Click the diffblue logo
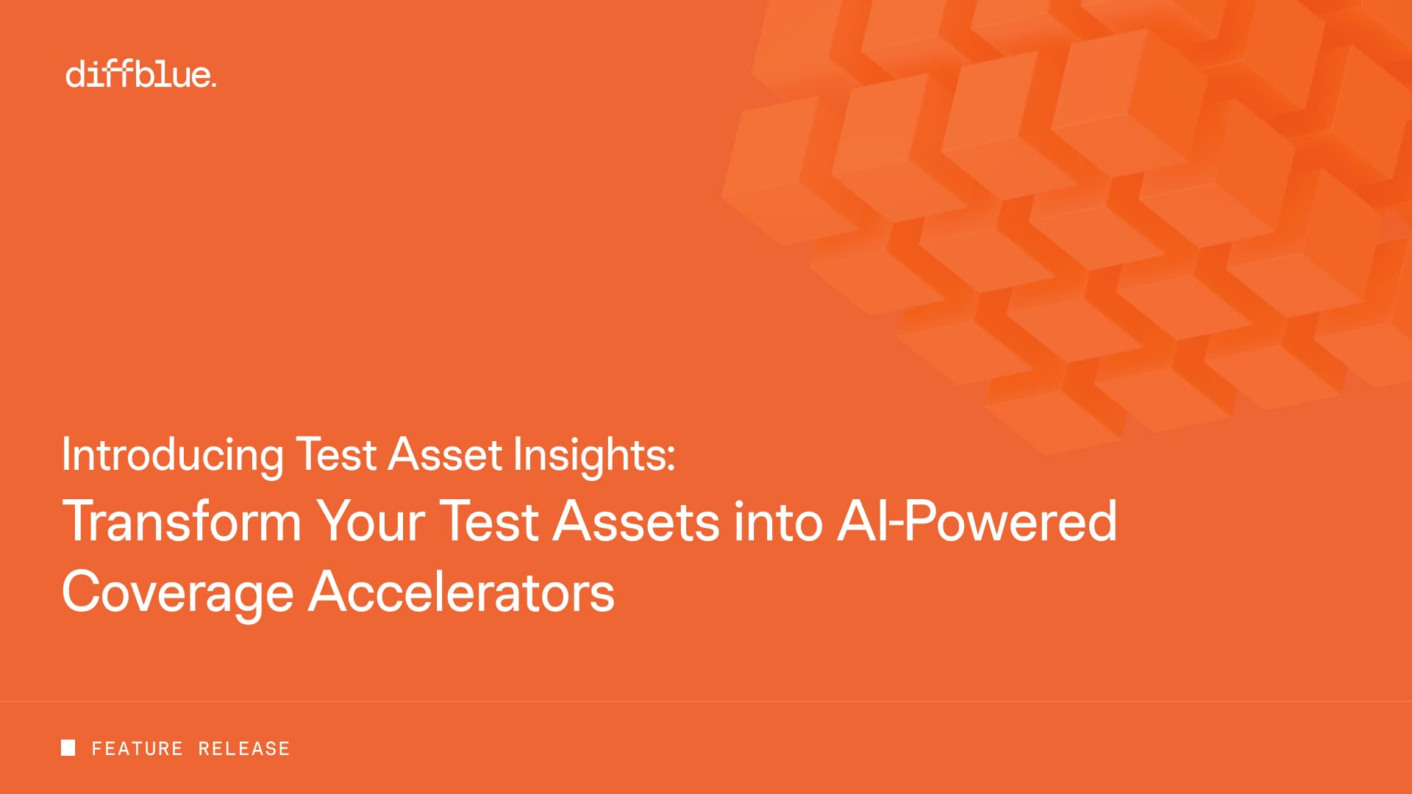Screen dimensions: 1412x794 [x=141, y=74]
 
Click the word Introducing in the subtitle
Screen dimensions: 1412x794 [x=172, y=455]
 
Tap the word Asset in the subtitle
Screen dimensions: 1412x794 [x=445, y=454]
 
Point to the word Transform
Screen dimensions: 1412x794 [x=182, y=521]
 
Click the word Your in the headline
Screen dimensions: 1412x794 [x=371, y=521]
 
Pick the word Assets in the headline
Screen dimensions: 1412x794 [x=636, y=521]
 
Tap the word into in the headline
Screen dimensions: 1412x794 [x=778, y=521]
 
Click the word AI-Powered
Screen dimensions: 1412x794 [x=977, y=521]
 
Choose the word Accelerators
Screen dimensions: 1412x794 [x=461, y=592]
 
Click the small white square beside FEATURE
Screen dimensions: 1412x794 [x=68, y=748]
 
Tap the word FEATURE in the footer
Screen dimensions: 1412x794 [x=137, y=748]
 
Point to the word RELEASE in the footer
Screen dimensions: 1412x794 [x=244, y=748]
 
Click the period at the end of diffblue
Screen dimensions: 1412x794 [x=213, y=85]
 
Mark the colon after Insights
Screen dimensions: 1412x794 [x=671, y=458]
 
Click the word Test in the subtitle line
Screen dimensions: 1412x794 [x=336, y=454]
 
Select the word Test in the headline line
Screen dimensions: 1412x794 [x=489, y=521]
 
